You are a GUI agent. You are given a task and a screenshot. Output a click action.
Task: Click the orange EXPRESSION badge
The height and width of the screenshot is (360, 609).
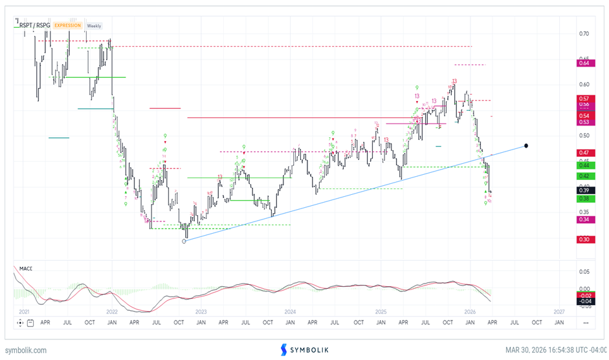pyautogui.click(x=68, y=26)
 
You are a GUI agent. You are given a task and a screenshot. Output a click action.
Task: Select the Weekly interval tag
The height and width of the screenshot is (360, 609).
pyautogui.click(x=94, y=26)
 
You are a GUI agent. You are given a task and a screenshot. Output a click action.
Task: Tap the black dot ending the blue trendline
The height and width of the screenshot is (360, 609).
pyautogui.click(x=527, y=146)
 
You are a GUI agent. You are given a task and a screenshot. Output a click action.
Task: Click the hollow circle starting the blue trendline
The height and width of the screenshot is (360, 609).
pyautogui.click(x=184, y=241)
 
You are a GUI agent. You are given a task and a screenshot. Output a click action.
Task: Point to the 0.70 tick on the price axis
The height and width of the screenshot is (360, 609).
pyautogui.click(x=584, y=34)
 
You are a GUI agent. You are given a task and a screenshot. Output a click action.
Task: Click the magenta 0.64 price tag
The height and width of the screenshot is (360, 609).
pyautogui.click(x=584, y=63)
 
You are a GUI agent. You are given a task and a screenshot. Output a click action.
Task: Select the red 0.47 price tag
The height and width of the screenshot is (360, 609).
pyautogui.click(x=584, y=152)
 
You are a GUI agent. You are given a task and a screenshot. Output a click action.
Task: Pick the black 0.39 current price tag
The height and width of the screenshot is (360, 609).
pyautogui.click(x=584, y=190)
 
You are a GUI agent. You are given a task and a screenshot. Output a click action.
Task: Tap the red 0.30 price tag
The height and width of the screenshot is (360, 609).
pyautogui.click(x=584, y=240)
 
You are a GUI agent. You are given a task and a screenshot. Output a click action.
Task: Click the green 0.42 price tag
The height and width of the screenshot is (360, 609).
pyautogui.click(x=584, y=176)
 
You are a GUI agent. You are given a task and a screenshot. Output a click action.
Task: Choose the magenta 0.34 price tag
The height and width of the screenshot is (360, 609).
pyautogui.click(x=584, y=219)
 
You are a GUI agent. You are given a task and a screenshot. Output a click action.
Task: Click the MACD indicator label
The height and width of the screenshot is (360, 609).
pyautogui.click(x=26, y=268)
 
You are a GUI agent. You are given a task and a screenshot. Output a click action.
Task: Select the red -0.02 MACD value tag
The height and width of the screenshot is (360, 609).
pyautogui.click(x=584, y=295)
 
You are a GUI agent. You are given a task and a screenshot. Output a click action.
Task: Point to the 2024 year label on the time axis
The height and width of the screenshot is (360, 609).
pyautogui.click(x=291, y=311)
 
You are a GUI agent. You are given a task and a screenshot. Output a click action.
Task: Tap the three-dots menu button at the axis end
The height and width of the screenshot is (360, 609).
pyautogui.click(x=584, y=321)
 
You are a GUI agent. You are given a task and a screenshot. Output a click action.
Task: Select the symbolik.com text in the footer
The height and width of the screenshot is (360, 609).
pyautogui.click(x=25, y=350)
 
